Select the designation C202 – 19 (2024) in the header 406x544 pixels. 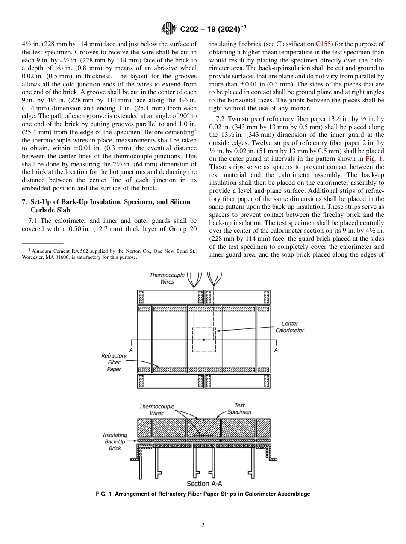[213, 30]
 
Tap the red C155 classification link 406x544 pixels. [323, 44]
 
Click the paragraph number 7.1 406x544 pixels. [33, 221]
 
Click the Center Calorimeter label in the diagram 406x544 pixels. [289, 327]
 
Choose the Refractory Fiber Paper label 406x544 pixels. [114, 362]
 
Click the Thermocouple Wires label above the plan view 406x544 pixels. [167, 278]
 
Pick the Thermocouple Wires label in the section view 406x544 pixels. [156, 410]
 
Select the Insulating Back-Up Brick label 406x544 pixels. [115, 441]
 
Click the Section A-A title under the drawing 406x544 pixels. [204, 484]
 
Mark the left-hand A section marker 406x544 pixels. [131, 350]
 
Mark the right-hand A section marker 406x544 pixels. [276, 350]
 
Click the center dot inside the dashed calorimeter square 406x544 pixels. [204, 340]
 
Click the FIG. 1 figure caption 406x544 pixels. [203, 494]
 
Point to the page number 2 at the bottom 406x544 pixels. [203, 526]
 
